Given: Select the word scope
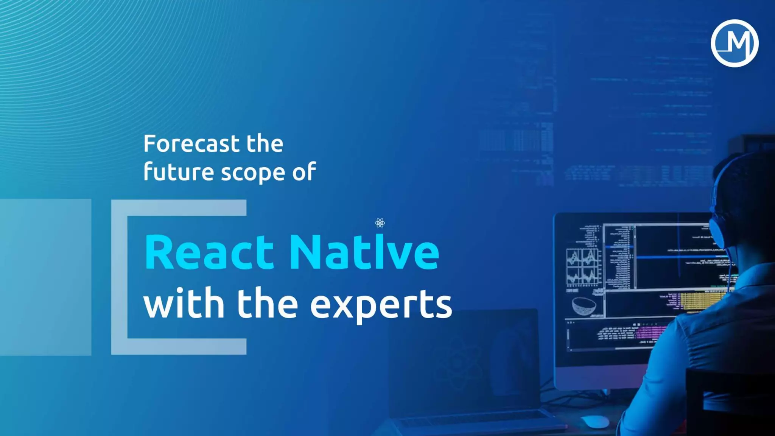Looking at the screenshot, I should coord(253,173).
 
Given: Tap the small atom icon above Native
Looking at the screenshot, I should coord(380,223).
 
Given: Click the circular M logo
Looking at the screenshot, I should coord(734,43).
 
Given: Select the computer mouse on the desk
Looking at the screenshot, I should coord(594,421).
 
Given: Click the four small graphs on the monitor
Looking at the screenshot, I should coord(582,266).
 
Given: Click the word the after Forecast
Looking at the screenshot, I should coord(265,144).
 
